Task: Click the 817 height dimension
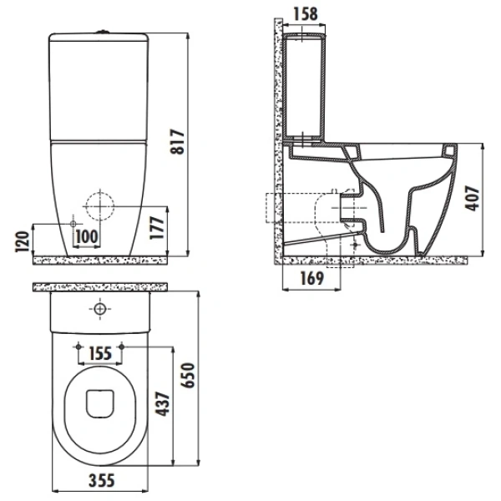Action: pos(177,142)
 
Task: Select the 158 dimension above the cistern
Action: pos(306,13)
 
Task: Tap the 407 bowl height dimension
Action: pos(473,198)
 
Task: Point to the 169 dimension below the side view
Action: pos(312,278)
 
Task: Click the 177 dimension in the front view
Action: pos(157,228)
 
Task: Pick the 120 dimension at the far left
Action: pos(23,241)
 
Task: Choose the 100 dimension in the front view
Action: pos(87,237)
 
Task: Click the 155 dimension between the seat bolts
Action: pos(100,353)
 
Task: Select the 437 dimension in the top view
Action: pos(162,404)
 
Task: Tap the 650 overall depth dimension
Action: pos(188,375)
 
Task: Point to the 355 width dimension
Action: pos(102,480)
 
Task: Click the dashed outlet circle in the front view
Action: pos(100,206)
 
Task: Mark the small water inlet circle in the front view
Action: pos(73,224)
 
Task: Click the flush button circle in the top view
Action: pos(100,309)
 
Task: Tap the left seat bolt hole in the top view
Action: pos(78,347)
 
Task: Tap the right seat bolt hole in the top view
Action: pos(121,347)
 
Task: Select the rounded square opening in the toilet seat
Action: pos(100,403)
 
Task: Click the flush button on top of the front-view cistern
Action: pos(103,32)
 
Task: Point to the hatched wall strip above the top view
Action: pos(100,287)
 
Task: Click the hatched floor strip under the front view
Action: pos(100,261)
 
